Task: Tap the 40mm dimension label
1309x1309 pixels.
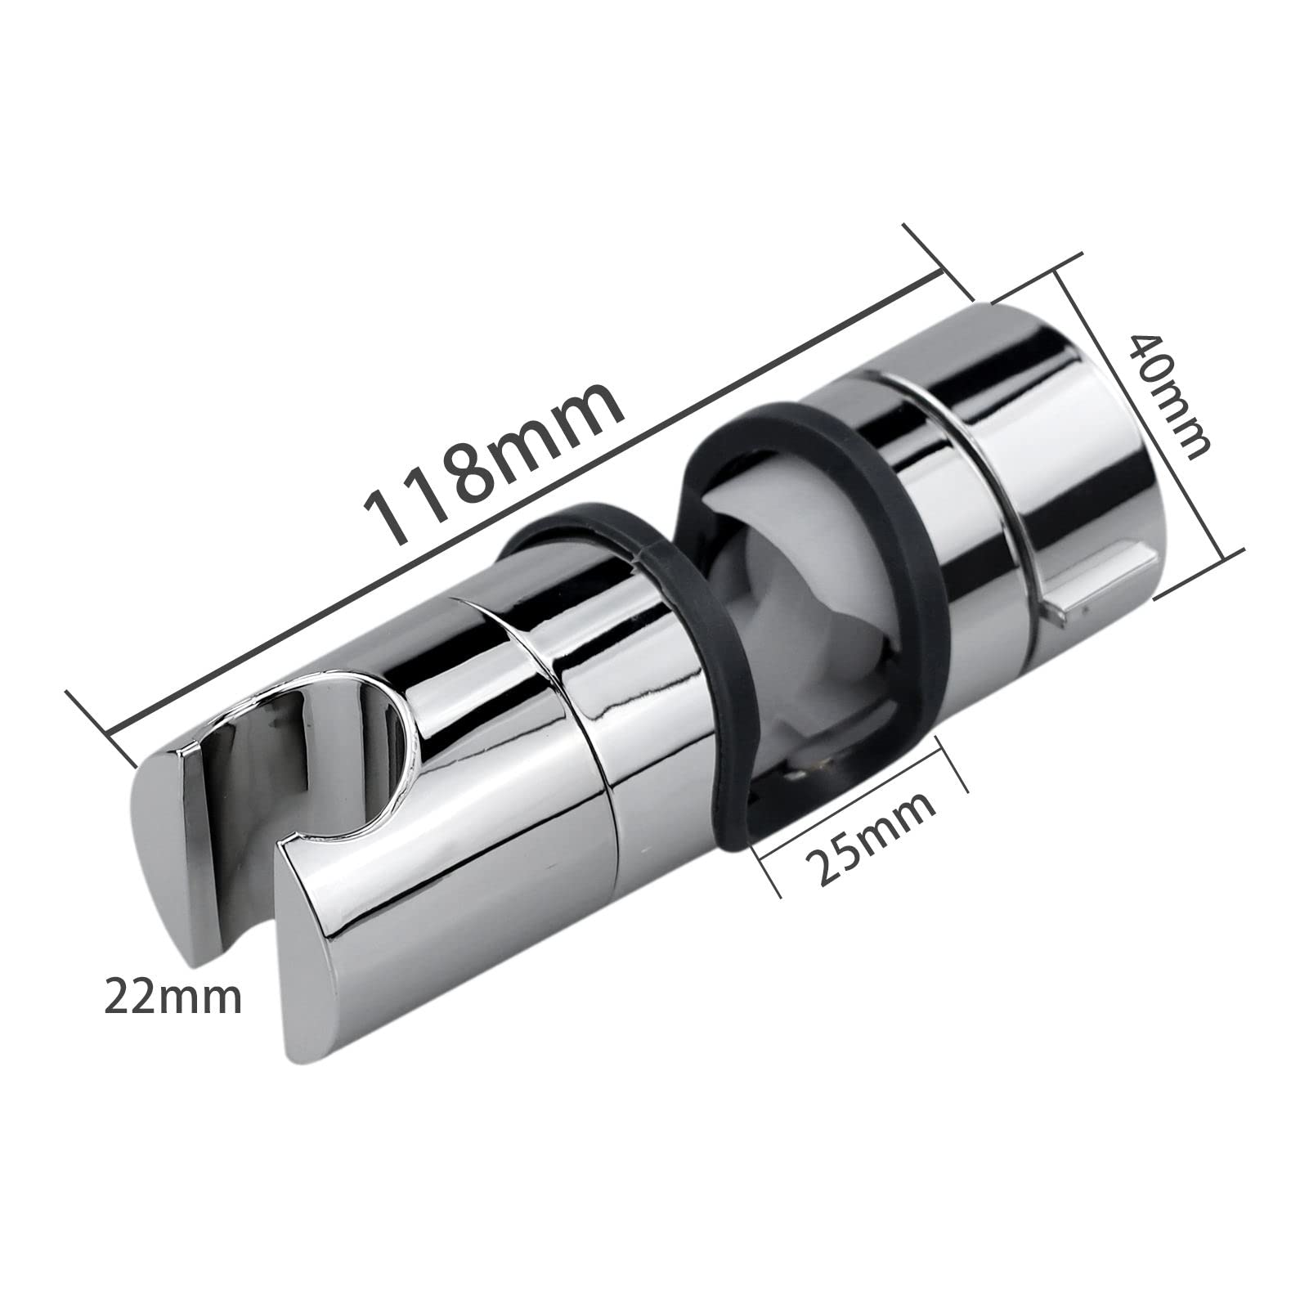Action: [1167, 397]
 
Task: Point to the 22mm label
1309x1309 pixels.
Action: [173, 998]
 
